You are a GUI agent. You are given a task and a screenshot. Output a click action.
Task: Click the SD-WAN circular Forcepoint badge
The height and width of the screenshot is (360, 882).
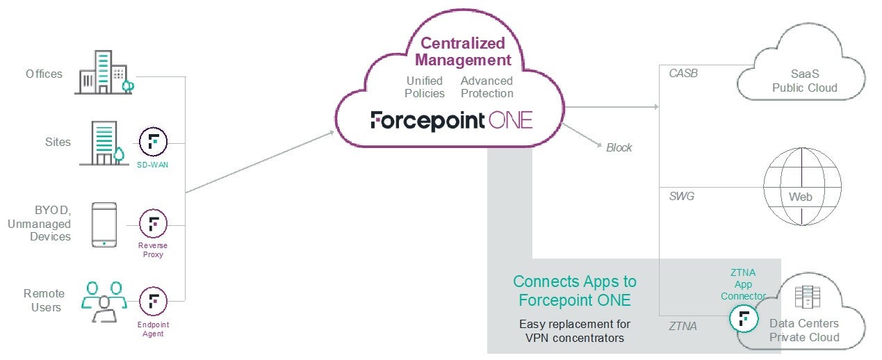pos(153,142)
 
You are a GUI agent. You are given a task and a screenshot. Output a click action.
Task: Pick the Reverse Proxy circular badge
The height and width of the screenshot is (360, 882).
pos(153,224)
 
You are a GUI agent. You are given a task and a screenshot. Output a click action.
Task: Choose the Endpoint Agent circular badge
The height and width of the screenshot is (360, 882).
pos(153,300)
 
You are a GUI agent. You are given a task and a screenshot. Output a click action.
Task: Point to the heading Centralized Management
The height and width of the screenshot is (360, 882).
pos(463,51)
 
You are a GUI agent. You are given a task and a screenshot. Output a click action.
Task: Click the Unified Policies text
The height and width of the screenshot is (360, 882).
pos(425,87)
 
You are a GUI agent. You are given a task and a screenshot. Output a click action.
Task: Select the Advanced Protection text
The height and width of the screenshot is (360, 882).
pos(487,87)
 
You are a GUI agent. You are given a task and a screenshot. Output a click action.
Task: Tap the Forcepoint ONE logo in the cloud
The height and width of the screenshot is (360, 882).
pos(452,120)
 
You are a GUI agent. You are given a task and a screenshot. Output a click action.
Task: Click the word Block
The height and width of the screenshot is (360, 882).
pos(619,147)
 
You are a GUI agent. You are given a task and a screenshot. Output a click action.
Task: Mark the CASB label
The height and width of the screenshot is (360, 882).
pos(683,73)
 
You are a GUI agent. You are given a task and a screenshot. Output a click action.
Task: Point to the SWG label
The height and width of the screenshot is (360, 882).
pos(681,197)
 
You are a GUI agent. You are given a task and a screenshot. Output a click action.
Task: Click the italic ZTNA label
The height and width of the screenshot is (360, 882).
pos(683,325)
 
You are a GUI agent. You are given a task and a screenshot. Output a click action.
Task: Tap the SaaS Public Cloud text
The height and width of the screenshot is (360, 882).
pos(805,81)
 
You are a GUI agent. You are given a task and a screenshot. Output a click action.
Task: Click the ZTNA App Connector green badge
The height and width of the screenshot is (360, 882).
pos(743,319)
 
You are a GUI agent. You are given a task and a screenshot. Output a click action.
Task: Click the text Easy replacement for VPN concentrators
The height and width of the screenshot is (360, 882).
pos(575,331)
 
